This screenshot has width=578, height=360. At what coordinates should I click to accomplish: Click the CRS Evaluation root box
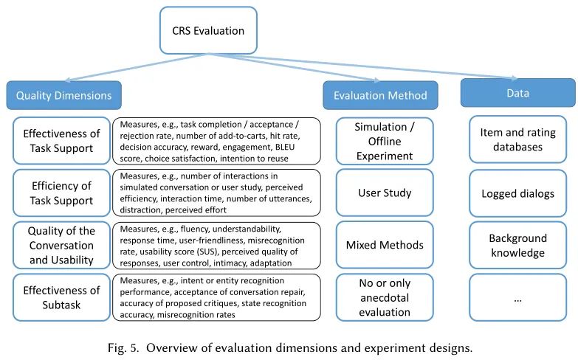click(208, 30)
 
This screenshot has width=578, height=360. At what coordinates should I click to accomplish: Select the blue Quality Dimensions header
click(63, 95)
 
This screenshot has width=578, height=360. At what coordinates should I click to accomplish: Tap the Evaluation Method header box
click(380, 95)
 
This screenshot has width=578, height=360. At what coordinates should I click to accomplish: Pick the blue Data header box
click(518, 92)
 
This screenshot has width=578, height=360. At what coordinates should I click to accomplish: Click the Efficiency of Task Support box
click(61, 193)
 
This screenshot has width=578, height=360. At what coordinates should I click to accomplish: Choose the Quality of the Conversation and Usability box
click(61, 245)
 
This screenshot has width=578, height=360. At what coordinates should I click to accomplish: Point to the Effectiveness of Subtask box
click(61, 297)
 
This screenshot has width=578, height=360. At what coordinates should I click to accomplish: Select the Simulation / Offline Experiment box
click(385, 141)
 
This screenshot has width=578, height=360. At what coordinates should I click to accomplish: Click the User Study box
click(385, 193)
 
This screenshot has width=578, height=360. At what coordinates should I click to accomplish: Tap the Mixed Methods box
click(385, 245)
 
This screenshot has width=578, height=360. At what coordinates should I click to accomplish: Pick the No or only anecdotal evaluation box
click(385, 297)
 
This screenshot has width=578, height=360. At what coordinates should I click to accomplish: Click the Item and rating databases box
click(518, 139)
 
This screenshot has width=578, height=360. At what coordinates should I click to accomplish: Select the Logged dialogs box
click(518, 193)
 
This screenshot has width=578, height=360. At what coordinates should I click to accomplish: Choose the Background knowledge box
click(518, 245)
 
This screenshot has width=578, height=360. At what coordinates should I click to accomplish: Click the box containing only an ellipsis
click(518, 297)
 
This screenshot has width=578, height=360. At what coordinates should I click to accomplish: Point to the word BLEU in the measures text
click(285, 147)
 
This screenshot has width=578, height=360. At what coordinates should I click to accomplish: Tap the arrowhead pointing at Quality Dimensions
click(68, 80)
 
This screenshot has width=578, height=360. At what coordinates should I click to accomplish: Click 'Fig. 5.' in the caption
click(123, 348)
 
